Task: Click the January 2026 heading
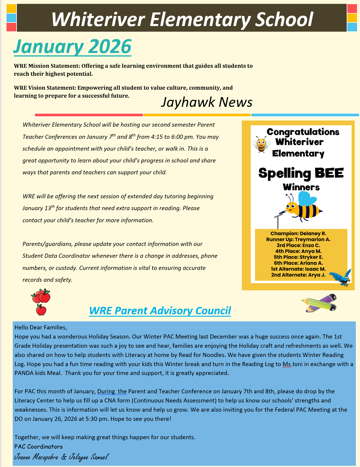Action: coord(72,47)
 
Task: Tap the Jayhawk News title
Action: coord(206,102)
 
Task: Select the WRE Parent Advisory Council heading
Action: coord(160,310)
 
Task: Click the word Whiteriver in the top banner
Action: coord(98,19)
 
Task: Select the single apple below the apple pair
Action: coord(41,310)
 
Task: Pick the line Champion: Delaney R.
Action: coord(298,233)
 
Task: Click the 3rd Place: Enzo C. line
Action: coord(298,245)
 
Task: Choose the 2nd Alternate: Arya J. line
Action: coord(298,275)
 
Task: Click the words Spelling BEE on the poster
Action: coord(301,173)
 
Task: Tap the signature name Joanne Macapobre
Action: coord(36,457)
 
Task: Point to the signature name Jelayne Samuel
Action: coord(89,457)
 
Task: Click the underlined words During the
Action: coord(112,391)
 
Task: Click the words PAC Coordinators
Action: coord(38,446)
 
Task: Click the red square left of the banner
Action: coord(11,27)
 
